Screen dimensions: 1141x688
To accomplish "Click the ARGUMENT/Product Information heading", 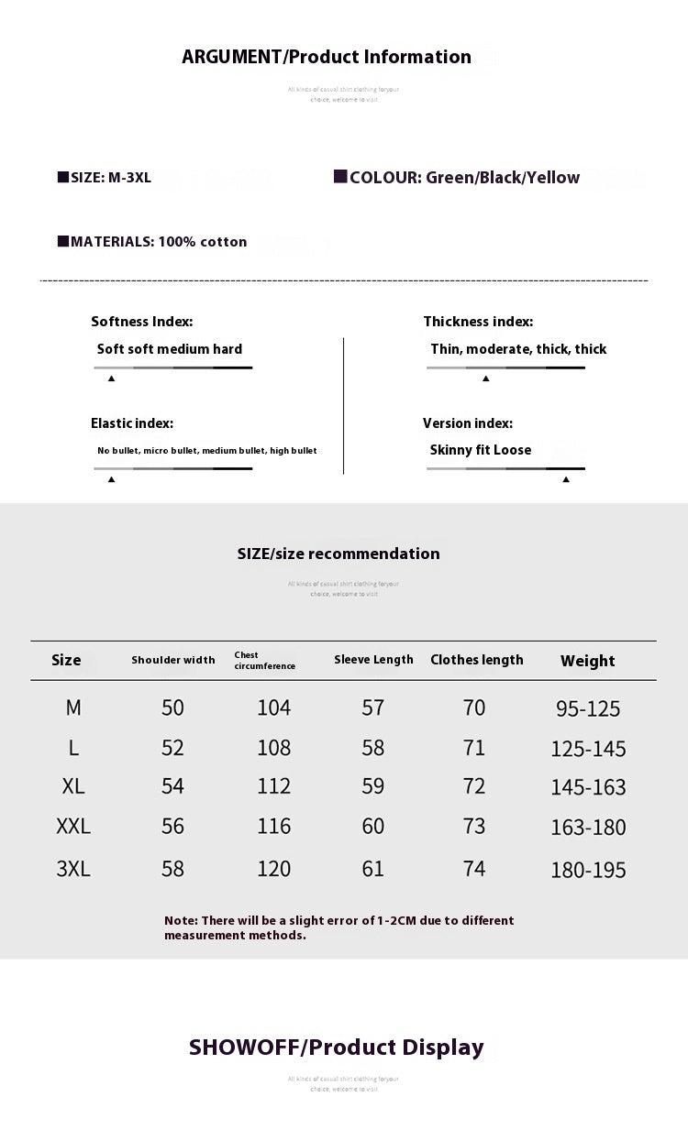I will pyautogui.click(x=327, y=57).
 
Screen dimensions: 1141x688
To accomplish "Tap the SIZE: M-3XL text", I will pyautogui.click(x=105, y=178).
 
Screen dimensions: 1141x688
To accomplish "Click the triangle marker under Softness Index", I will pyautogui.click(x=111, y=378).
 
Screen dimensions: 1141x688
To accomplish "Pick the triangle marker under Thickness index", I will pyautogui.click(x=485, y=378).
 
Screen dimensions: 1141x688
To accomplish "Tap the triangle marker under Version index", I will pyautogui.click(x=566, y=478).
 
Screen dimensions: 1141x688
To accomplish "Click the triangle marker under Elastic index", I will pyautogui.click(x=111, y=478).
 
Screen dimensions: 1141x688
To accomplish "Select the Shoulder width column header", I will pyautogui.click(x=173, y=660).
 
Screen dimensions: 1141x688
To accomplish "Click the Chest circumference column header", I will pyautogui.click(x=264, y=661).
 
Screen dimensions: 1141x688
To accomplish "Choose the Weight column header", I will pyautogui.click(x=587, y=661).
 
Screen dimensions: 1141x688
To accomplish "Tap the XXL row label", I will pyautogui.click(x=73, y=827).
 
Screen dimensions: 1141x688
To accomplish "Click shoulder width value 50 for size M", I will pyautogui.click(x=172, y=708).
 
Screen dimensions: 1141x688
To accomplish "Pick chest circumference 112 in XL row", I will pyautogui.click(x=273, y=786).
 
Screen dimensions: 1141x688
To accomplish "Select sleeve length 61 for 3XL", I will pyautogui.click(x=373, y=869).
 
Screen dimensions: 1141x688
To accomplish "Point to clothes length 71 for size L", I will pyautogui.click(x=474, y=748).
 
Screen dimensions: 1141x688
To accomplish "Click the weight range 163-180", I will pyautogui.click(x=588, y=828).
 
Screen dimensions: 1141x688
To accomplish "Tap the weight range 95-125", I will pyautogui.click(x=588, y=708).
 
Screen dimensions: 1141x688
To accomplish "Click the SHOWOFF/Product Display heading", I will pyautogui.click(x=336, y=1048).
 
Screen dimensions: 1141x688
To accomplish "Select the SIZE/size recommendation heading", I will pyautogui.click(x=338, y=554).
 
